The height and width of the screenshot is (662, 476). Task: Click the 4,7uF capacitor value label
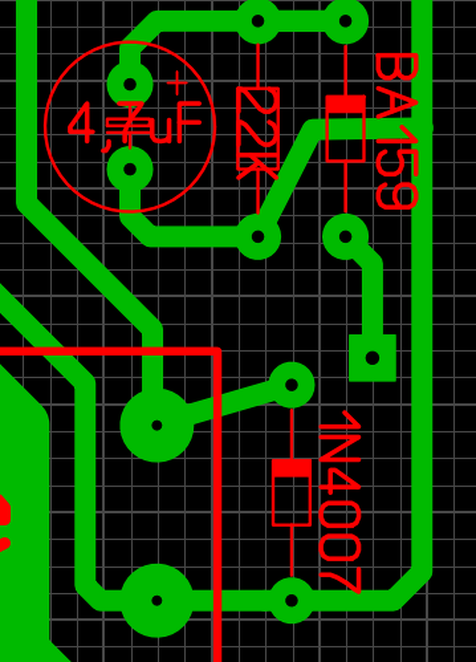coord(135,124)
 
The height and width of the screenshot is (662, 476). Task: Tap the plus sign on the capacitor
coord(177,83)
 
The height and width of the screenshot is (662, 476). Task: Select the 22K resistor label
coord(258,133)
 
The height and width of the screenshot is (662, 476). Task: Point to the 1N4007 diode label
coord(340,501)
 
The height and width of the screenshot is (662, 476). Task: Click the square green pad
coord(372,358)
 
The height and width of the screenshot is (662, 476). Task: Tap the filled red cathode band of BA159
coord(345,104)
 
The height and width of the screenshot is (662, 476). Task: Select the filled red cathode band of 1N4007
coord(291,467)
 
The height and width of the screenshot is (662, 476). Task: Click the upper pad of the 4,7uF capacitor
coord(130,84)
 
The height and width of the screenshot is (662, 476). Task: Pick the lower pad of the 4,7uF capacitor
coord(130,169)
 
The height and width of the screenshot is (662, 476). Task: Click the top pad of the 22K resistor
coord(258,21)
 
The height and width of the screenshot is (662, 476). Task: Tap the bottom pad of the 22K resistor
coord(258,237)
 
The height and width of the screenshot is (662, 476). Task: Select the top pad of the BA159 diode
coord(345,21)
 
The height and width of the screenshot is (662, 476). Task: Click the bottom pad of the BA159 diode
coord(345,237)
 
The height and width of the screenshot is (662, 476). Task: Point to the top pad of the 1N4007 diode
coord(291,385)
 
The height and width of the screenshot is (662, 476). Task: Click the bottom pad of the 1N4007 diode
coord(291,601)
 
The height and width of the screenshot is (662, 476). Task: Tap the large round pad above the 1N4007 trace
coord(157,425)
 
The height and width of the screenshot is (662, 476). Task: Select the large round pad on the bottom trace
coord(157,601)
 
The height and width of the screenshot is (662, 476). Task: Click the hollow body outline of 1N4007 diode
coord(291,501)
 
